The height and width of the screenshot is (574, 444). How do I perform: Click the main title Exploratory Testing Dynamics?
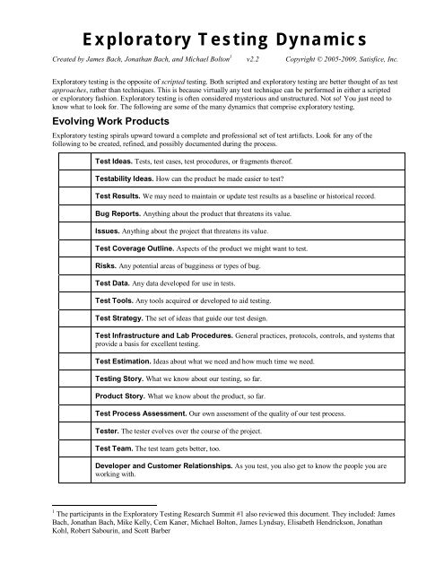coord(222,38)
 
